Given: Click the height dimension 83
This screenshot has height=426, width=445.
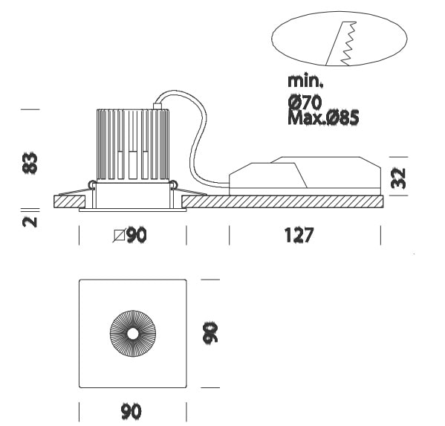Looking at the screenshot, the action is point(30,163).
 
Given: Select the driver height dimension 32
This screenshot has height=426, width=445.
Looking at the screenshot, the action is point(398,178).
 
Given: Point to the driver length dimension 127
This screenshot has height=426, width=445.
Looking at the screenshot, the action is point(299,235).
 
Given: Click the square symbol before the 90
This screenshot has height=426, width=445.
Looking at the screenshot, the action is point(119,236).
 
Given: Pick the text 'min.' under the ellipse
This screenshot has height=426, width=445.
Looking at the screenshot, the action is point(305,81).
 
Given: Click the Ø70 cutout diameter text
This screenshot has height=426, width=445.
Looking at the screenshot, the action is point(305,102).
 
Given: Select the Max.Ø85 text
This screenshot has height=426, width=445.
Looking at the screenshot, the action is point(323,117).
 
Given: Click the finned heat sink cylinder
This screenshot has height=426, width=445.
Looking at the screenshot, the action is point(133,145).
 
